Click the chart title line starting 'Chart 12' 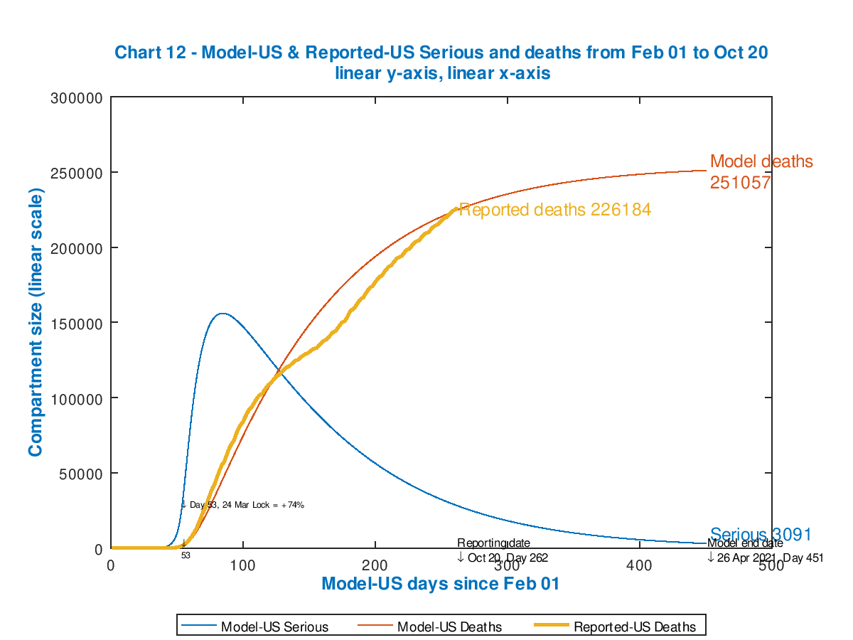[441, 53]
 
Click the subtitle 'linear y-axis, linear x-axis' [441, 73]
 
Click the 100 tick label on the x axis [243, 565]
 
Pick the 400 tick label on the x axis [640, 565]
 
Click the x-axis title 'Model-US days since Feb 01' [441, 584]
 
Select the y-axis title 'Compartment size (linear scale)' [36, 323]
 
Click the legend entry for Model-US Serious [274, 626]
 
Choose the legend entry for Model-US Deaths [449, 626]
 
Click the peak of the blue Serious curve [222, 314]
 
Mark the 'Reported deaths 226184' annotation [554, 210]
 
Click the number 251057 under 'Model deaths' [741, 183]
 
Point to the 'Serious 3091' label [761, 535]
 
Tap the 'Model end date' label [745, 543]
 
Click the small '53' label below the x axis [186, 555]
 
